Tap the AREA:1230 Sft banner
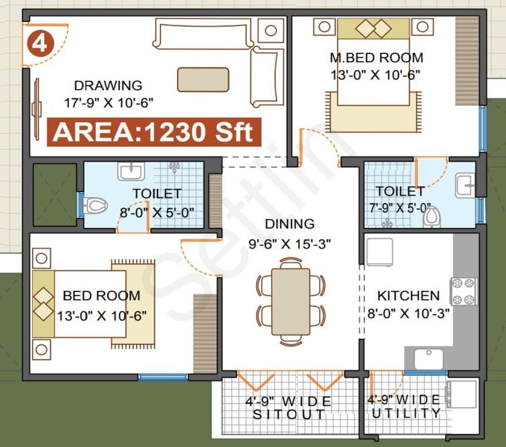click(154, 132)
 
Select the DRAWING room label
click(108, 86)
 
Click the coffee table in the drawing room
click(203, 80)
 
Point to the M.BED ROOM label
click(376, 58)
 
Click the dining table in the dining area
click(290, 301)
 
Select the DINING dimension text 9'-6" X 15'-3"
click(290, 243)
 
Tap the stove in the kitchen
click(464, 291)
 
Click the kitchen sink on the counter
click(429, 359)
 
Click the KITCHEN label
click(409, 296)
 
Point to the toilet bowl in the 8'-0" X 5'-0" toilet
click(97, 205)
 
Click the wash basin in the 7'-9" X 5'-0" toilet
click(465, 186)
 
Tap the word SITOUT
click(289, 414)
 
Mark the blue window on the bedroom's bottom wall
click(163, 377)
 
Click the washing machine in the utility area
click(462, 394)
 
